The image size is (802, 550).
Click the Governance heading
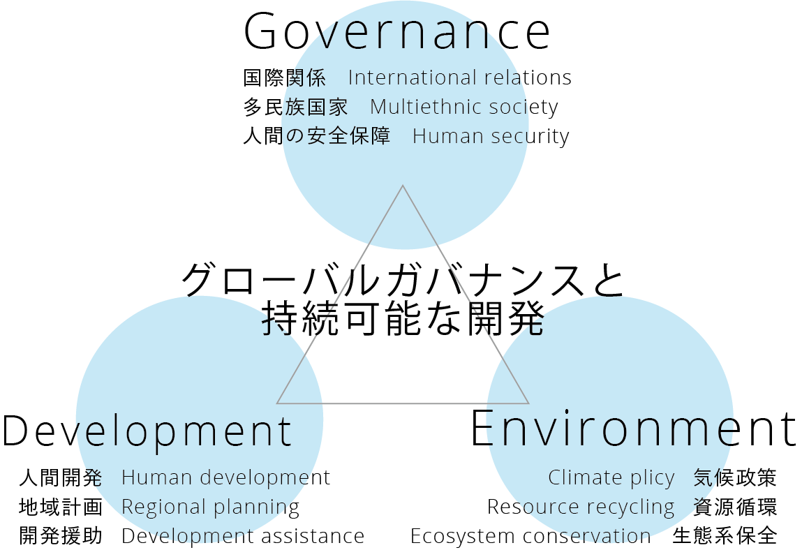tap(396, 32)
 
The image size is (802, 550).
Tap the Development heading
tap(147, 431)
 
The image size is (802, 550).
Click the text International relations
tap(459, 77)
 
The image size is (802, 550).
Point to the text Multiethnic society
tap(464, 107)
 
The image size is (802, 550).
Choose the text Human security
tap(491, 137)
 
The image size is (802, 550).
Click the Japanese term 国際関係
tap(284, 77)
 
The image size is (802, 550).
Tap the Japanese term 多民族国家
tap(295, 107)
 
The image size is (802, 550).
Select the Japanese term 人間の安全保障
tap(316, 136)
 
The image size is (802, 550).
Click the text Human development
tap(225, 478)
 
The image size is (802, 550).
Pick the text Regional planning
tap(210, 507)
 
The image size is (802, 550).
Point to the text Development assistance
tap(243, 536)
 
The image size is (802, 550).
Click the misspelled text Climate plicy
tap(611, 478)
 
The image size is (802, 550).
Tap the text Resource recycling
tap(581, 507)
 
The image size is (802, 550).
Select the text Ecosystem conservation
tap(530, 536)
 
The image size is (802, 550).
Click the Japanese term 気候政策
tap(735, 478)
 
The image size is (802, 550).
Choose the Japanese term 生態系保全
tap(725, 536)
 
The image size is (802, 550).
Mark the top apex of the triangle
tap(403, 186)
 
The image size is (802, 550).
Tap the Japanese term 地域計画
tap(61, 507)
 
